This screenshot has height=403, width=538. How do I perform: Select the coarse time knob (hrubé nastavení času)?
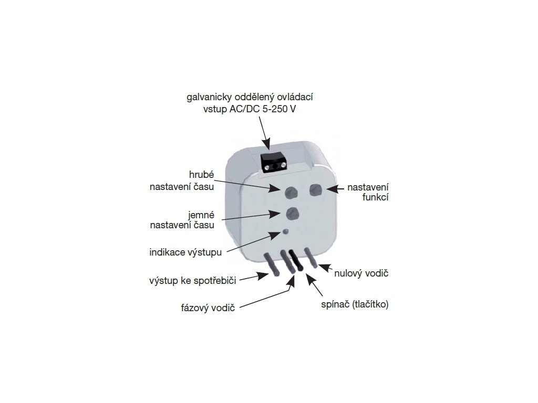click(290, 192)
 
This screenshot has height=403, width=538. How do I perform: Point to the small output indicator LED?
click(285, 232)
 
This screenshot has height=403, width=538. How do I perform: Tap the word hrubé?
click(201, 174)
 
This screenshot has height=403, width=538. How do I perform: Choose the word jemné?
click(200, 215)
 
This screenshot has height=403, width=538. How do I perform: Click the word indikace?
click(167, 251)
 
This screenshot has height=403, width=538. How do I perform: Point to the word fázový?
click(195, 307)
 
